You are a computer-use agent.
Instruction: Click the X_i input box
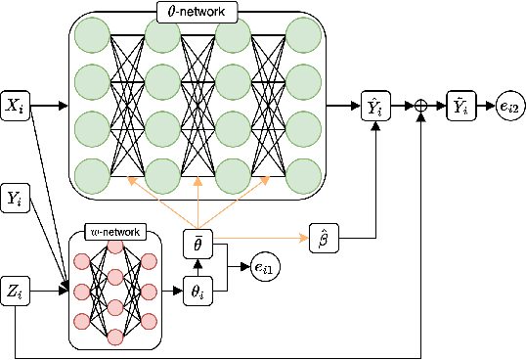point(16,103)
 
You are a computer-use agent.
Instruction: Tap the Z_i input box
point(16,291)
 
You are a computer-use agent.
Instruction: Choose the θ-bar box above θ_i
point(198,241)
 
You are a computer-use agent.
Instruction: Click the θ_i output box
point(198,291)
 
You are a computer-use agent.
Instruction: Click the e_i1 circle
point(265,265)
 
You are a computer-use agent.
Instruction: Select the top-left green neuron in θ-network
point(91,37)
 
